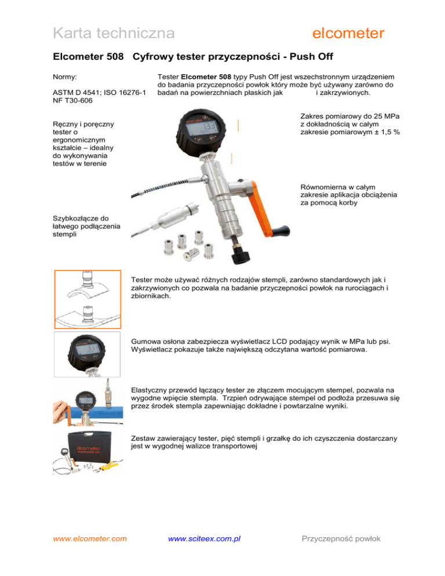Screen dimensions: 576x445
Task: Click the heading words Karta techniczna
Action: pyautogui.click(x=114, y=34)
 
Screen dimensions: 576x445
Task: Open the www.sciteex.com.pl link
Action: pyautogui.click(x=204, y=538)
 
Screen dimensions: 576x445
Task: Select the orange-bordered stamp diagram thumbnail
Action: pyautogui.click(x=87, y=299)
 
